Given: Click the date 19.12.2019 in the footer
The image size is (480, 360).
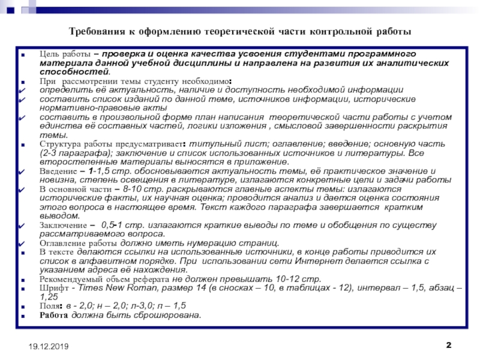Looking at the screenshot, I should point(46,347).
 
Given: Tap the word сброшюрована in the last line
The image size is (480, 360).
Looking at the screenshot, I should point(167,315).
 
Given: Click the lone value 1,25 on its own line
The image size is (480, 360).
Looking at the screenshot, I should point(49,297).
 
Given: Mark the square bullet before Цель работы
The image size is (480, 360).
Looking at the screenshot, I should point(23,55).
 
